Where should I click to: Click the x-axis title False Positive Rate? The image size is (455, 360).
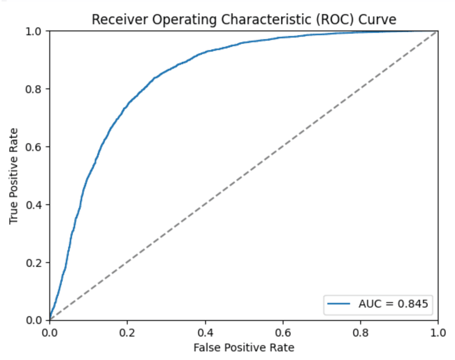tap(244, 347)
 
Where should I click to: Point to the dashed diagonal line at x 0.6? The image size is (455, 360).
tap(282, 147)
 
